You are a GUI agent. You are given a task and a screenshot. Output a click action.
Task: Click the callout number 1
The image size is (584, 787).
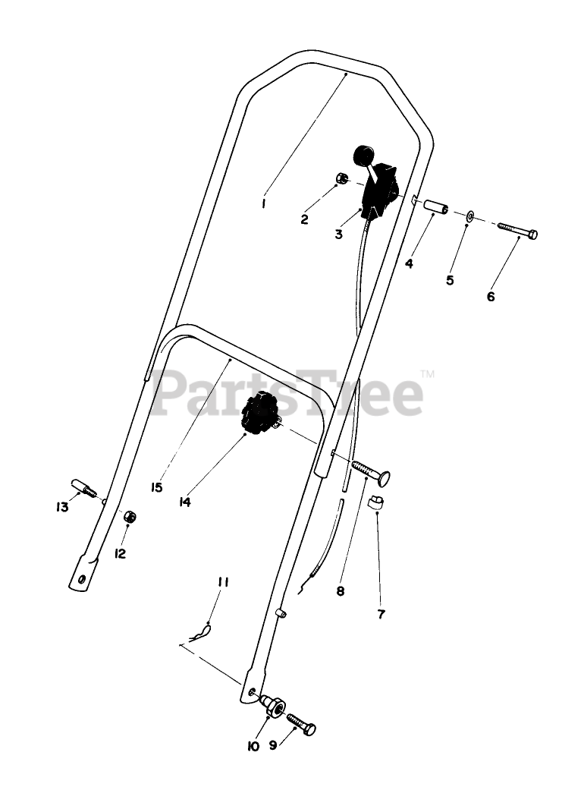point(262,203)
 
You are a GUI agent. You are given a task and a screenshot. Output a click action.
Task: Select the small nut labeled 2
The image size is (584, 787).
point(342,179)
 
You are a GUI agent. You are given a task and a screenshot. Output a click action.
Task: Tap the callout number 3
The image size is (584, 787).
point(339,235)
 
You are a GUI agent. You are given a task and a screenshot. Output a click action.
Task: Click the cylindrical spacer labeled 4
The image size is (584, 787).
point(436,207)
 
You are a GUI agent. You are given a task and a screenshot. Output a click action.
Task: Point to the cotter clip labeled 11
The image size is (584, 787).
point(201,631)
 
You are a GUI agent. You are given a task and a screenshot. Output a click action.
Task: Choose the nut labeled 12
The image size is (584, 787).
point(130,517)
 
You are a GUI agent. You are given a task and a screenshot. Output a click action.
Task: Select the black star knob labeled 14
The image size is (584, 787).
point(260,414)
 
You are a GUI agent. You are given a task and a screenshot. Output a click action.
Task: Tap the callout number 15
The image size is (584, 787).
point(156,487)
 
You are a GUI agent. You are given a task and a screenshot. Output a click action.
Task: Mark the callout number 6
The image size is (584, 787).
point(491,297)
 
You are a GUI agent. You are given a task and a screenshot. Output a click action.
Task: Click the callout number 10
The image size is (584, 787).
point(253,746)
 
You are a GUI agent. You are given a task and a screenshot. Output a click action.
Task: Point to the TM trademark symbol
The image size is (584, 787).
point(427,373)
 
